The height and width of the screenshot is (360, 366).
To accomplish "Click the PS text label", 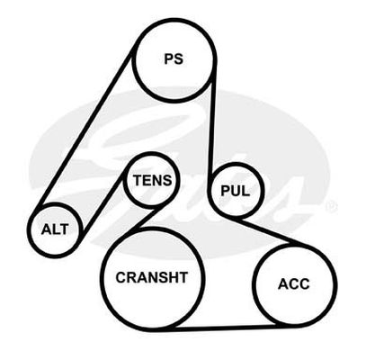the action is (174, 58).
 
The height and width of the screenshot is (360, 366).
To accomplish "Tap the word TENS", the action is (153, 181).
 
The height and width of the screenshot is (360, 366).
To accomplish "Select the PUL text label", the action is (235, 191).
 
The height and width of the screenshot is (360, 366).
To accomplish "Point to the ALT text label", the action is (55, 229).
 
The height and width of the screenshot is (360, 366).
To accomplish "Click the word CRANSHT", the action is (152, 277).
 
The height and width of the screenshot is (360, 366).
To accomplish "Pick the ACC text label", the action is (294, 284).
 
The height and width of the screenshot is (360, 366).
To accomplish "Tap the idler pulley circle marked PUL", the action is (210, 191).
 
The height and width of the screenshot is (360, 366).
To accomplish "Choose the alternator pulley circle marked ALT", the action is (29, 229).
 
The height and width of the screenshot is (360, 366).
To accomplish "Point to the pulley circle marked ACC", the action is (254, 285).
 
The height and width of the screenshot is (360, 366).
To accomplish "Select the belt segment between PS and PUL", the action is (212, 126).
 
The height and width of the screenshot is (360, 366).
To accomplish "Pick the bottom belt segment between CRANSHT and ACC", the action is (223, 328).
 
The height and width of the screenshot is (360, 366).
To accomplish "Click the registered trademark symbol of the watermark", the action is (332, 207).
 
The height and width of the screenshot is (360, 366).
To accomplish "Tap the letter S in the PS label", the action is (179, 58).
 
